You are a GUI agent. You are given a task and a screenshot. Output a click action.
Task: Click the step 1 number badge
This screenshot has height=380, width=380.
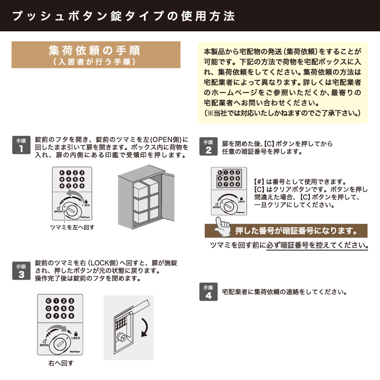(x=21, y=145)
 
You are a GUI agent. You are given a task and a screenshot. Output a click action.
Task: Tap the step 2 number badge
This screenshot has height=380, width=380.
(x=209, y=146)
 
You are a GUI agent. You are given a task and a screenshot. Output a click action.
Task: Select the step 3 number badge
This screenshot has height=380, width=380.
(x=21, y=271)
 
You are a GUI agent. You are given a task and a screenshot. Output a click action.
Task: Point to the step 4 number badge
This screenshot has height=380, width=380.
(x=209, y=292)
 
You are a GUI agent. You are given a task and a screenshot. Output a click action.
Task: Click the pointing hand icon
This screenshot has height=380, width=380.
(x=222, y=227)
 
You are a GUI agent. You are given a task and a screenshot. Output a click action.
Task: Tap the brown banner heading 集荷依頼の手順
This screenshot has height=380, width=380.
(x=96, y=55)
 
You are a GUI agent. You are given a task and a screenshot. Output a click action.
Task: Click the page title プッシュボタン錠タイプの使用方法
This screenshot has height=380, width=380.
(x=123, y=16)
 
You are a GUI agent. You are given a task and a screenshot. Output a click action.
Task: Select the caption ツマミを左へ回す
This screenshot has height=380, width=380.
(x=72, y=228)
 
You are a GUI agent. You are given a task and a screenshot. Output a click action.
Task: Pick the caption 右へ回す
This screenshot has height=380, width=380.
(x=61, y=363)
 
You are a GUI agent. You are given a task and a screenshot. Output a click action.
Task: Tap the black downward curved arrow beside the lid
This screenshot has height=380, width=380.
(x=145, y=327)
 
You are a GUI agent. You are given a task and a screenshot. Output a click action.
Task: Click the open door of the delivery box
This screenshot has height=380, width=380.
(x=168, y=196)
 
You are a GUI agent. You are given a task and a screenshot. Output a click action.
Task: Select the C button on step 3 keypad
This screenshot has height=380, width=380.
(x=48, y=301)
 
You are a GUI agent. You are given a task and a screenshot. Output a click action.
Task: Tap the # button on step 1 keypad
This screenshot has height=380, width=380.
(x=62, y=186)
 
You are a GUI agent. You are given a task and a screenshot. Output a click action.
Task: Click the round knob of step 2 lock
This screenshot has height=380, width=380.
(x=228, y=206)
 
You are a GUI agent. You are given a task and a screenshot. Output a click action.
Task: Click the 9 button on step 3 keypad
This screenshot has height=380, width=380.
(x=71, y=316)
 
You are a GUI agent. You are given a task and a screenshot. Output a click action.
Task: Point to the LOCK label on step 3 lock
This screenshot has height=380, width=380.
(x=76, y=338)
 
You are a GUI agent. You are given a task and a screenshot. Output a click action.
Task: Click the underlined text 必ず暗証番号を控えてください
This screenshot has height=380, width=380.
(x=317, y=245)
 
